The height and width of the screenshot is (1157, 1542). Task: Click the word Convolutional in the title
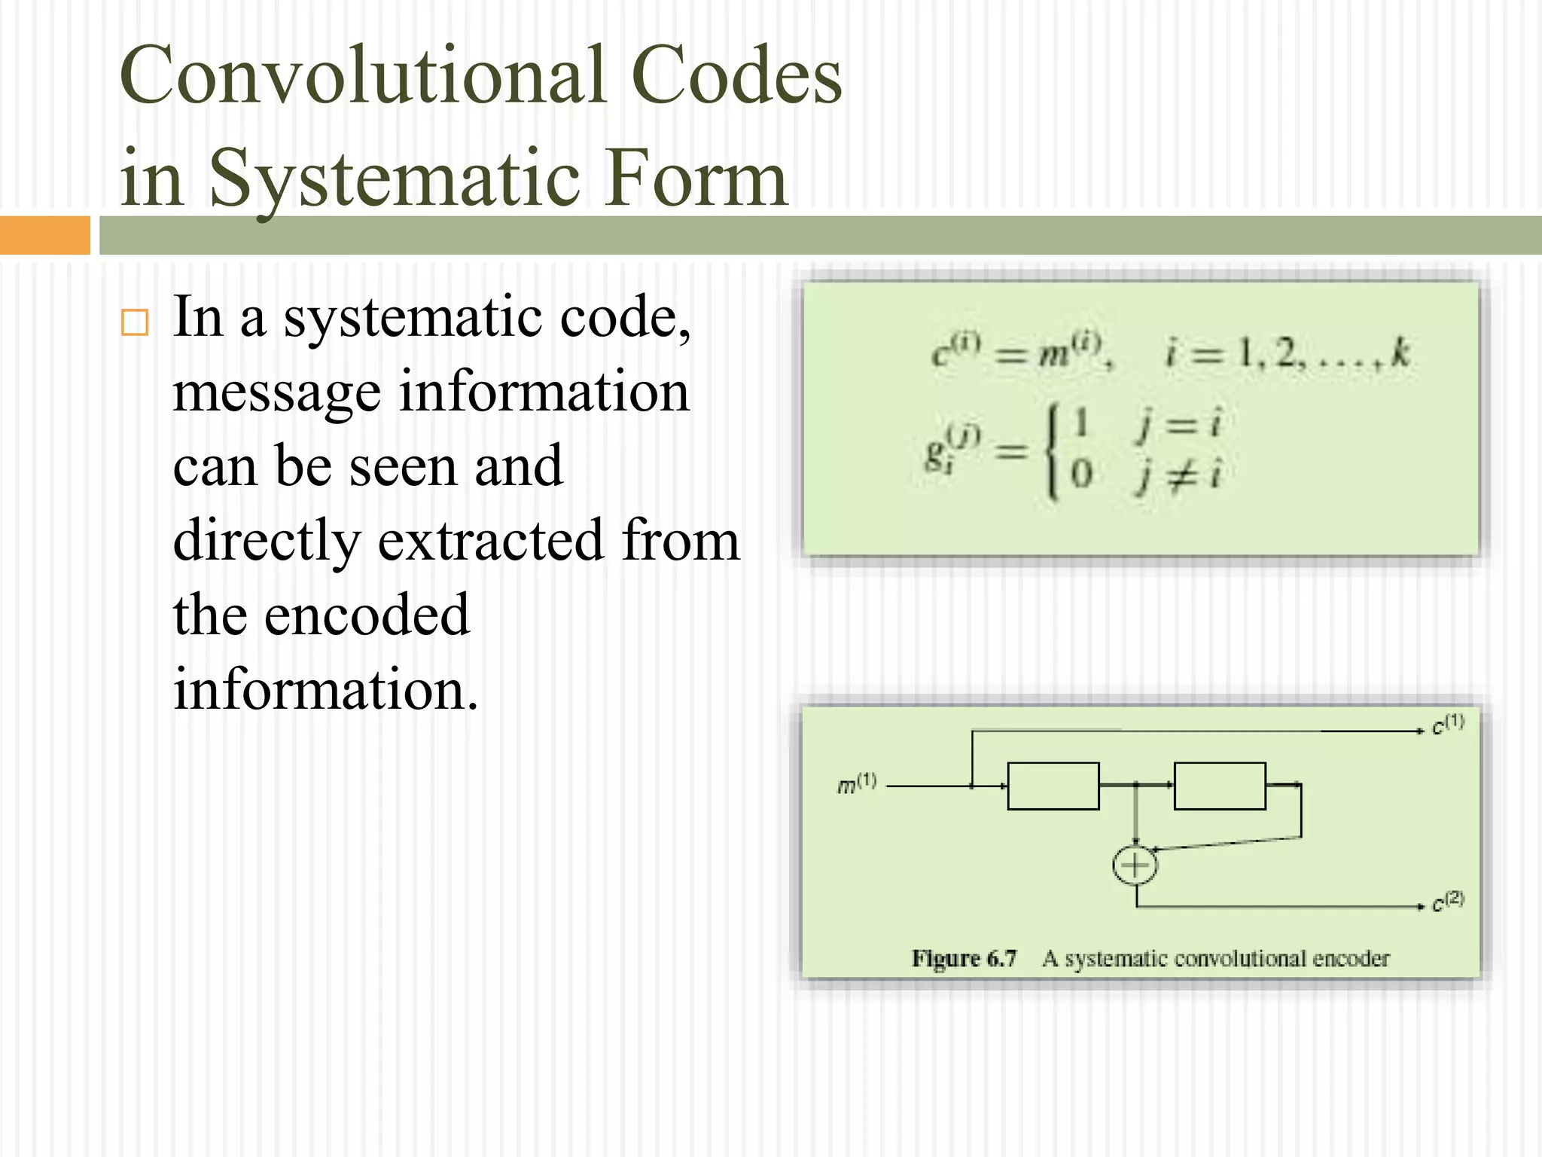tap(363, 76)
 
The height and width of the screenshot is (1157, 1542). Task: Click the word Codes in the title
tap(736, 76)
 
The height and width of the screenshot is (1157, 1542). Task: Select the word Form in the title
tap(696, 179)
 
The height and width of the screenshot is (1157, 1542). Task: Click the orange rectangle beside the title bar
tap(44, 235)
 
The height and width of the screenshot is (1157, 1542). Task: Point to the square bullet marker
tap(135, 322)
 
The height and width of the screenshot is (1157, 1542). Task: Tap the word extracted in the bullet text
tap(490, 541)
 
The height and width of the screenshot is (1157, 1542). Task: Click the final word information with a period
tap(325, 689)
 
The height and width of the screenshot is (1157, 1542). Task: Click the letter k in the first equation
tap(1400, 353)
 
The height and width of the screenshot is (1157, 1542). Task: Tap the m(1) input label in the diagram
tap(857, 784)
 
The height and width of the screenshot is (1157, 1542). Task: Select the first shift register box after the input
tap(1053, 786)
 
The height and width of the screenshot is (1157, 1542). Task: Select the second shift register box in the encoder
tap(1219, 786)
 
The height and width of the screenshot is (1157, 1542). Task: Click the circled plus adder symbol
tap(1135, 865)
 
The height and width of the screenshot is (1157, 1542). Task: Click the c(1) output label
tap(1447, 725)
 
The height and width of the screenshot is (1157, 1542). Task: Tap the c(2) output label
tap(1447, 901)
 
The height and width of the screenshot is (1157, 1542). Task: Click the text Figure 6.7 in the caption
tap(964, 958)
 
